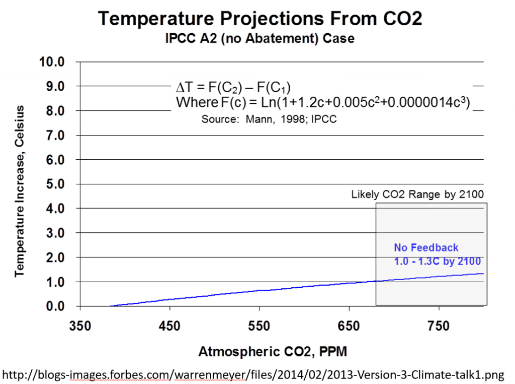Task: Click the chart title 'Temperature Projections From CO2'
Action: coord(260,19)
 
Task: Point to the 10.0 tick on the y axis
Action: coord(53,62)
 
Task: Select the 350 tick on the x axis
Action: coord(80,326)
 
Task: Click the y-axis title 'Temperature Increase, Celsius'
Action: coord(20,191)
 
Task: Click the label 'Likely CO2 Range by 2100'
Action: coord(417,194)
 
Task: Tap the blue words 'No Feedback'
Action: coord(426,248)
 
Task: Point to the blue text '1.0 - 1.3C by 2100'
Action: coord(437,262)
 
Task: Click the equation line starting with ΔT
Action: coord(233,87)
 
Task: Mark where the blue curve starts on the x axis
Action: coord(110,305)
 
